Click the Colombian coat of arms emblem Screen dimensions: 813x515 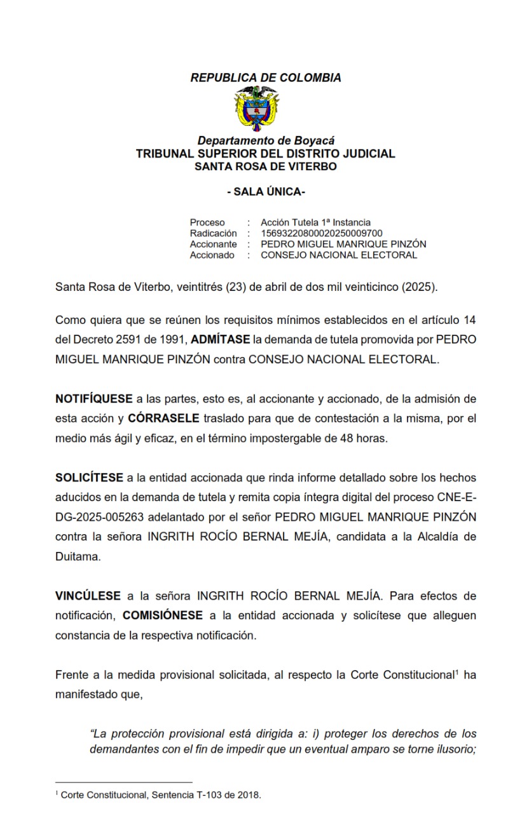click(x=257, y=109)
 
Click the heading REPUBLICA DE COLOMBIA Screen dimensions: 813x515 click(x=266, y=78)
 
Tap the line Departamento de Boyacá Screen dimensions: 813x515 click(x=266, y=141)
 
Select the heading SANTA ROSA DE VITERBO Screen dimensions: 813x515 click(x=266, y=166)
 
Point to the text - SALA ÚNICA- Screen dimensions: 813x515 click(x=266, y=192)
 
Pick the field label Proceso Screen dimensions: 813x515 click(x=207, y=222)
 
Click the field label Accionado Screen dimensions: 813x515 click(x=212, y=255)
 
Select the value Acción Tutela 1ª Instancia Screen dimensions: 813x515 click(x=315, y=222)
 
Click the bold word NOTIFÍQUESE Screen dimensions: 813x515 click(x=94, y=400)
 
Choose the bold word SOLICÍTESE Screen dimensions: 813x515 click(x=89, y=478)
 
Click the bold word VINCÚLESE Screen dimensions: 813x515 click(x=88, y=596)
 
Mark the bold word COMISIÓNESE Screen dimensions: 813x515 click(x=163, y=615)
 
